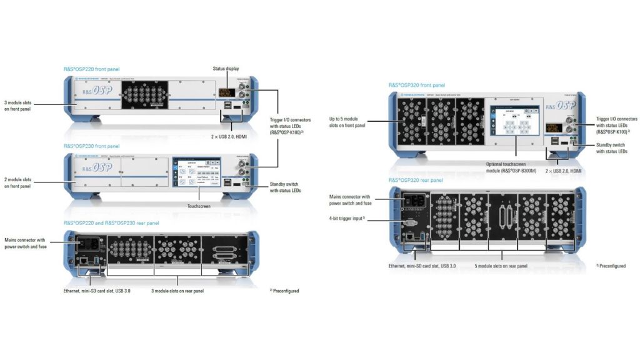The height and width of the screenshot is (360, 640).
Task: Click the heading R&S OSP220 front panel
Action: coord(91,68)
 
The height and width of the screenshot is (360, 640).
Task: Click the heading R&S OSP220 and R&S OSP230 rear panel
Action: coord(111,222)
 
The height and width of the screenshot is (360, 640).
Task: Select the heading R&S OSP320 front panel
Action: coord(416,84)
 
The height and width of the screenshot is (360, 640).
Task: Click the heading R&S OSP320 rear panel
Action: coord(416,180)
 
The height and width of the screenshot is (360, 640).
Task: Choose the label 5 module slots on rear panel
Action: coord(502,265)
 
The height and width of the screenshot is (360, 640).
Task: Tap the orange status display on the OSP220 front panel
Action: coord(226,92)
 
